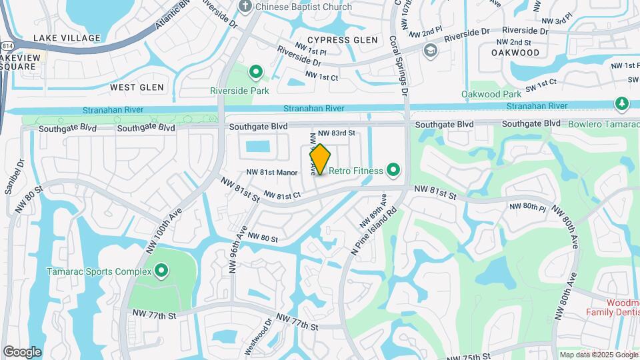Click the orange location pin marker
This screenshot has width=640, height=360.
[320, 159]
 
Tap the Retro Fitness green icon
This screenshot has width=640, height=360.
[393, 171]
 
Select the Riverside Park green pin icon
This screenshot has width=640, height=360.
[255, 71]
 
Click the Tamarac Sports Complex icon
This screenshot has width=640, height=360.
[161, 271]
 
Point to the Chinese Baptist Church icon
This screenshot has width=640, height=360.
[246, 7]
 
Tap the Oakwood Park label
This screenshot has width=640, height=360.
[491, 95]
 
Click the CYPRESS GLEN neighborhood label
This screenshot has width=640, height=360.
[342, 40]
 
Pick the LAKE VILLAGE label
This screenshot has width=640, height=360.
[66, 38]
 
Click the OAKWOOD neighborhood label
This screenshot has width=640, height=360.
[515, 52]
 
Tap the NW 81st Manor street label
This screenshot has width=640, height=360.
[272, 173]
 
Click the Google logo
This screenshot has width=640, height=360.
[22, 352]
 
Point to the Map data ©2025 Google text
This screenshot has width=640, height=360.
[598, 355]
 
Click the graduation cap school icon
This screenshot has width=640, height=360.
[431, 50]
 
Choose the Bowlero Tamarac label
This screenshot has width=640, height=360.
[603, 124]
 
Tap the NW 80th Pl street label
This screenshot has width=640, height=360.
[528, 207]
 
